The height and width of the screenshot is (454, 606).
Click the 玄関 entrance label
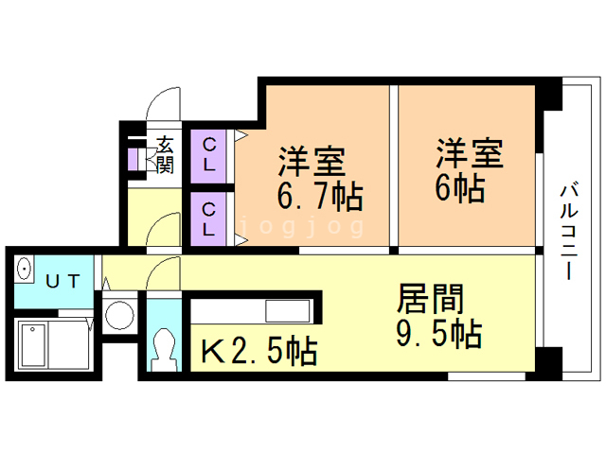(x=166, y=154)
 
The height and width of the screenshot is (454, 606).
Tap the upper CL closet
(x=208, y=156)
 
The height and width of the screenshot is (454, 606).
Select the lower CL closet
(x=208, y=218)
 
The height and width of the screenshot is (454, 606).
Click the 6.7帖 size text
(x=320, y=196)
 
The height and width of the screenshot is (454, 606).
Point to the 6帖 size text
(x=460, y=189)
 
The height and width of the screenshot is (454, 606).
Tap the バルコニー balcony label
(x=569, y=233)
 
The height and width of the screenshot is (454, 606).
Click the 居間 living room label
(x=430, y=298)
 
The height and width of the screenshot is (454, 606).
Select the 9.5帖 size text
(x=438, y=334)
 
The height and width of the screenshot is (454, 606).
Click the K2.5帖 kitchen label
(x=259, y=351)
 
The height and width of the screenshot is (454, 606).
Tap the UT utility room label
(x=62, y=282)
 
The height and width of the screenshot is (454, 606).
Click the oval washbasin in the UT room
(x=25, y=268)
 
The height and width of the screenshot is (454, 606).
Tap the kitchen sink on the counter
(x=288, y=311)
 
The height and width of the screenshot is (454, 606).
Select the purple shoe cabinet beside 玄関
(x=133, y=159)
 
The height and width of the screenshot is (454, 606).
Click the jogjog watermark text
(x=302, y=227)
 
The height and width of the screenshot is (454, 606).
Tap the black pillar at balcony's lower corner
(x=549, y=359)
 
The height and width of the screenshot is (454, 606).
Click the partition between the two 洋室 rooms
(x=394, y=166)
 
